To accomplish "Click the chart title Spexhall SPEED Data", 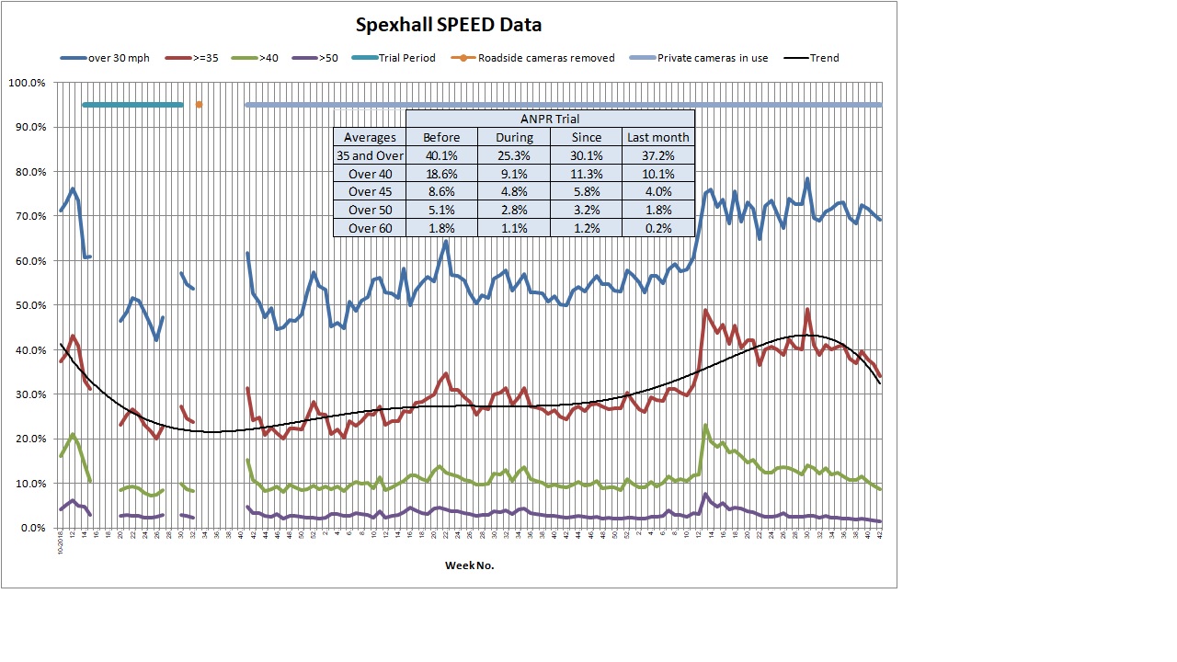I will click(449, 25).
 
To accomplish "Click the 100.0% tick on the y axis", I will click(27, 83).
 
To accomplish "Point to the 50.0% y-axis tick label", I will click(29, 305).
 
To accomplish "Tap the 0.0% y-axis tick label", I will click(30, 528).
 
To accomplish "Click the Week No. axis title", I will click(469, 565).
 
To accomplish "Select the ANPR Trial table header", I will click(549, 119).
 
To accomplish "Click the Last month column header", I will click(657, 137).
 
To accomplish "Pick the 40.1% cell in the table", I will click(441, 155).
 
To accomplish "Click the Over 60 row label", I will click(369, 228).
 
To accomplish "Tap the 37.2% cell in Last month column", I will click(657, 155).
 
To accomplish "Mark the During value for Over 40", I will click(513, 174).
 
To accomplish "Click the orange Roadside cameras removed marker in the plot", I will click(199, 105).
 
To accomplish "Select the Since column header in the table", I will click(586, 137).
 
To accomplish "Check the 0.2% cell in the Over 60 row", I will click(657, 228).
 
